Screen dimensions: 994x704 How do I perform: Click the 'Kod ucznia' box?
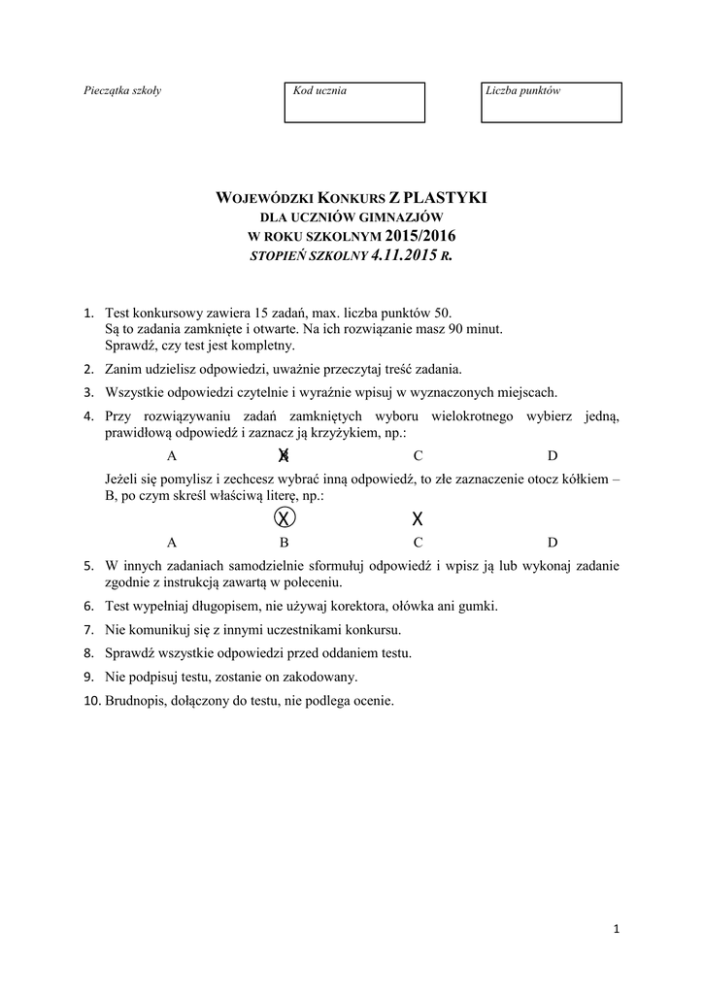(353, 102)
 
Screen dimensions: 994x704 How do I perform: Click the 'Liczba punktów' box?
(551, 102)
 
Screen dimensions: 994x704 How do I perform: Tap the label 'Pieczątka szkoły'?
(122, 91)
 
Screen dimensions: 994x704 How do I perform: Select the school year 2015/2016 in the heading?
(419, 237)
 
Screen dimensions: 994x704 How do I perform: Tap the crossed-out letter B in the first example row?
(284, 455)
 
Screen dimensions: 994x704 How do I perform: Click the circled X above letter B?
(284, 516)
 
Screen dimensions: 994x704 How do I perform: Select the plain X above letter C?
(418, 517)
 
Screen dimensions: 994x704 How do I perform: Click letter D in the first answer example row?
(553, 455)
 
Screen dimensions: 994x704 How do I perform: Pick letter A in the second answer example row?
(172, 543)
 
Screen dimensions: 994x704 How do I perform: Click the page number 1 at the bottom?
(616, 929)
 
